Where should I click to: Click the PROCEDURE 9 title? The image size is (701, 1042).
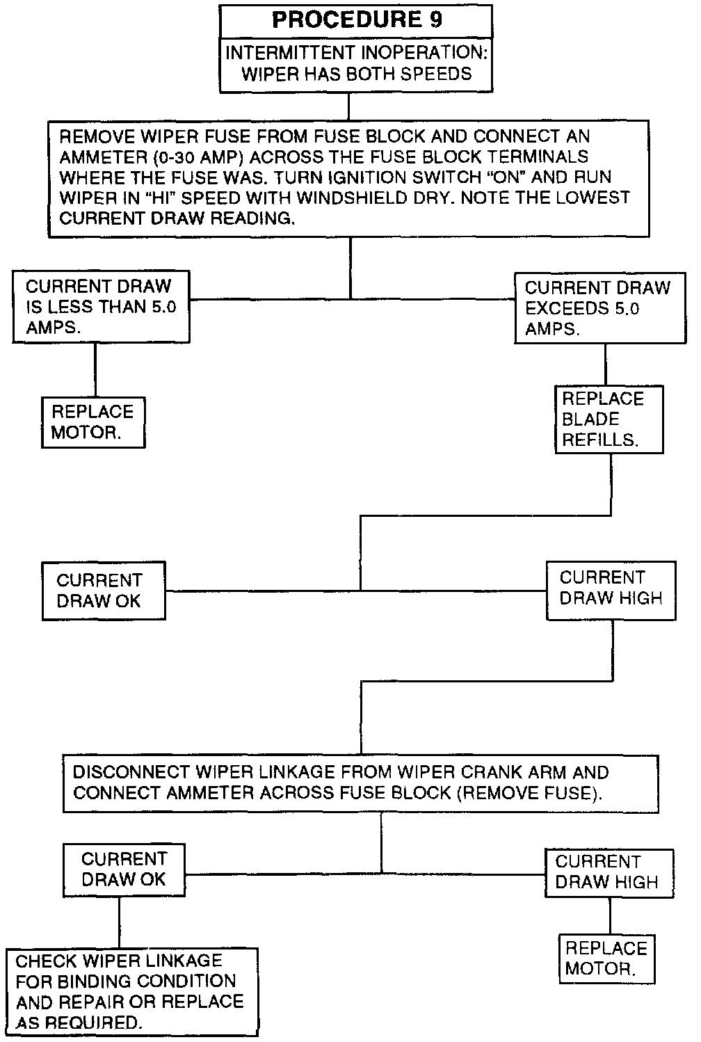click(356, 19)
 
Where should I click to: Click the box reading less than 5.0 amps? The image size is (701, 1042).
click(101, 307)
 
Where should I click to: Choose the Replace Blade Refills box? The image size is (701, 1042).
click(609, 419)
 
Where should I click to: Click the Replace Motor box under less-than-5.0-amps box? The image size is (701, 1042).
click(93, 422)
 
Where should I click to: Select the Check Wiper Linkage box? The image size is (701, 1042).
click(131, 991)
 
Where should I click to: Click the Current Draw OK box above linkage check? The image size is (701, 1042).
click(124, 869)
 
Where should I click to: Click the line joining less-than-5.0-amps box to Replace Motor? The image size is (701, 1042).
click(95, 370)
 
